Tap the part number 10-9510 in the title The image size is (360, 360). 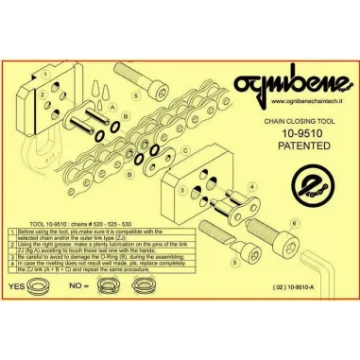tap(300, 133)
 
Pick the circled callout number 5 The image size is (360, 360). tap(138, 96)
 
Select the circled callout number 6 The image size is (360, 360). tap(295, 222)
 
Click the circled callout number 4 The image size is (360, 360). tap(251, 187)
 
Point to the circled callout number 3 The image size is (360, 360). tap(180, 189)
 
